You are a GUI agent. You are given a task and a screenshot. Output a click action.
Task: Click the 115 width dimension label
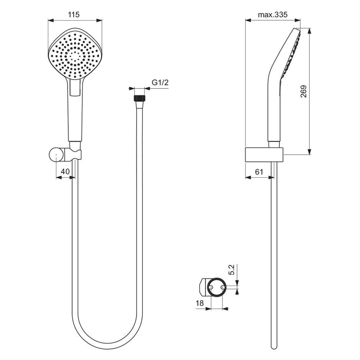click(x=74, y=15)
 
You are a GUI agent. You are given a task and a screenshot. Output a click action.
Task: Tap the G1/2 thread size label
click(x=160, y=82)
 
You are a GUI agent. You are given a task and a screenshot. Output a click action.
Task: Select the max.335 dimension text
click(x=273, y=15)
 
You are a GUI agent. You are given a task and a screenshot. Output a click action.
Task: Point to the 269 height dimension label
click(x=304, y=92)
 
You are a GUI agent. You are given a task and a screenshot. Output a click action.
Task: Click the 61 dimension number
click(x=259, y=172)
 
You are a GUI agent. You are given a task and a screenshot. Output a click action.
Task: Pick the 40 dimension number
click(x=65, y=171)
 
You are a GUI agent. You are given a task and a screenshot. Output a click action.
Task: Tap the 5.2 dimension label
click(x=232, y=270)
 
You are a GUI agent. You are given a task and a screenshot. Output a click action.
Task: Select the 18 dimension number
click(x=200, y=303)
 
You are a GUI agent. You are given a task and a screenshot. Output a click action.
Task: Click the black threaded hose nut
click(x=139, y=98)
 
